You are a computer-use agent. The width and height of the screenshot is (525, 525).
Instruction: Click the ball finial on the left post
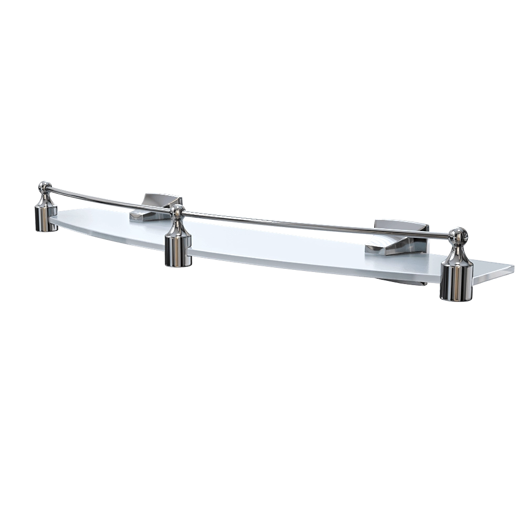(45, 186)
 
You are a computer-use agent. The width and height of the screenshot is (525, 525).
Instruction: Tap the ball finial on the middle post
(177, 212)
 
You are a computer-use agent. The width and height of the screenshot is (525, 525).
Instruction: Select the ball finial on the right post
(458, 236)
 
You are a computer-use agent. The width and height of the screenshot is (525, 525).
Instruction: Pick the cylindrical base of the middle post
(177, 250)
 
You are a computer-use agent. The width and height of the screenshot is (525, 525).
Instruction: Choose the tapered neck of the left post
(45, 198)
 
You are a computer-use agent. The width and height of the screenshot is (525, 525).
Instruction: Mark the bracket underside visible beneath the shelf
(415, 285)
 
